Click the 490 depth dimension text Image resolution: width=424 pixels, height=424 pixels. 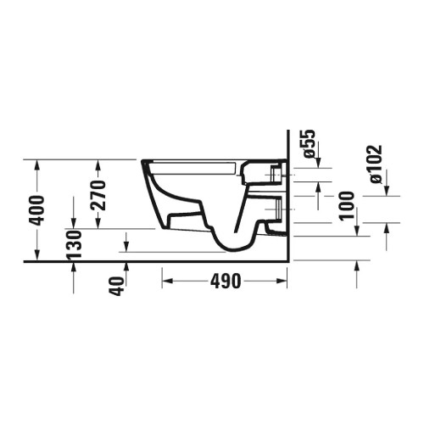pos(225,281)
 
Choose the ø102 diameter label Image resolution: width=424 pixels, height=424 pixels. pos(376,164)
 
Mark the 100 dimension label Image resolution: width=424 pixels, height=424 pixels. pos(346,206)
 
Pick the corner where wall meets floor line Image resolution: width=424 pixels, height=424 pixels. pos(289,261)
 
